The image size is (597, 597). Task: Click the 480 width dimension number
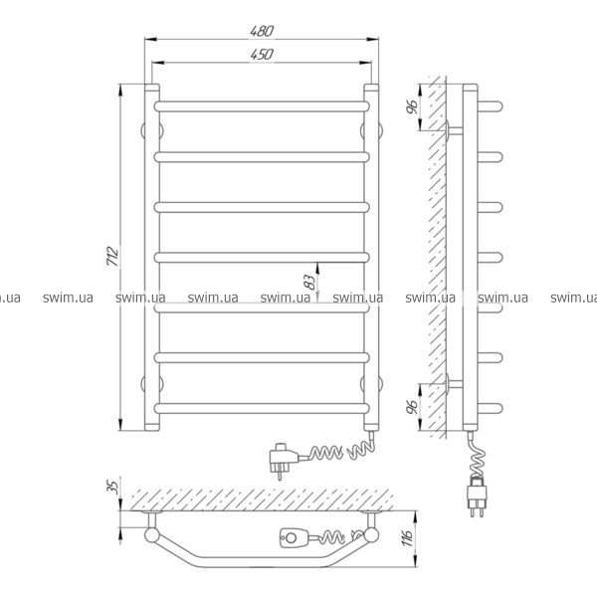tap(262, 31)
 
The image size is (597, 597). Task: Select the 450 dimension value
tap(262, 54)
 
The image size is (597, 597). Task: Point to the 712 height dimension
tap(113, 256)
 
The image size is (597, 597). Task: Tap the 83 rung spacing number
tap(311, 283)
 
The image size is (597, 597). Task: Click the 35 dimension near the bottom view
tap(113, 488)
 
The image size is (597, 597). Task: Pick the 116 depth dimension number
tap(408, 537)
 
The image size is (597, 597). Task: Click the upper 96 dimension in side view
tap(412, 107)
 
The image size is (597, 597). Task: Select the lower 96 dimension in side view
tap(412, 407)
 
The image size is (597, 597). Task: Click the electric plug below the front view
tap(284, 459)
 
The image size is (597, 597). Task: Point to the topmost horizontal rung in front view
tap(262, 106)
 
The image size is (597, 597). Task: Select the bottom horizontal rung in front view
tap(262, 408)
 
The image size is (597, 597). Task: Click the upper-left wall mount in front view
tap(152, 131)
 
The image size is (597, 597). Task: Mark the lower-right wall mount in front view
tap(371, 384)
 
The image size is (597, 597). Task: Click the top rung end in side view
tap(490, 106)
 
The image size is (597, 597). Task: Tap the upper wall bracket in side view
tap(455, 131)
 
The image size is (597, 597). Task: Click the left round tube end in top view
tap(152, 535)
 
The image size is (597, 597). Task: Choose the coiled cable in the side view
tap(478, 455)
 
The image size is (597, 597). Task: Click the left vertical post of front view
tap(152, 258)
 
